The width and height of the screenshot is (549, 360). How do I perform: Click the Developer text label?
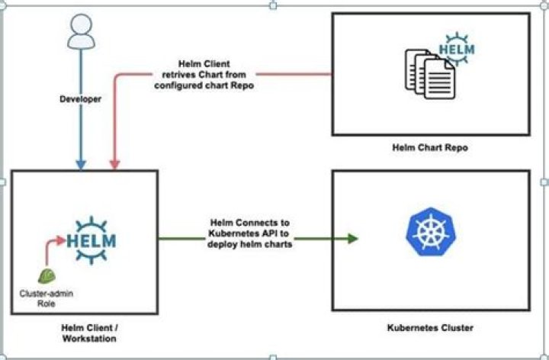pyautogui.click(x=80, y=99)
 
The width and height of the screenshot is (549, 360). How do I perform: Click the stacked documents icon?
pyautogui.click(x=429, y=68)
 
